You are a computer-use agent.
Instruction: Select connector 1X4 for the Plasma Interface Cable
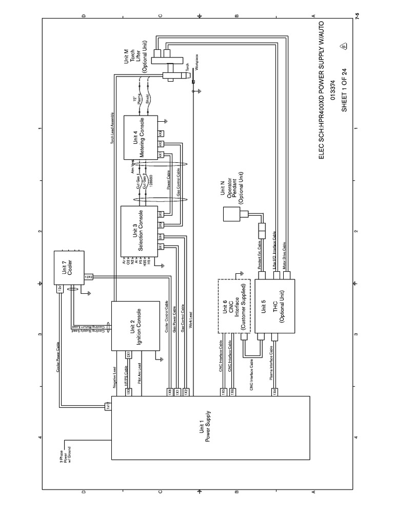(x=275, y=391)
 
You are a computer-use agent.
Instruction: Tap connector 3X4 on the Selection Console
(x=161, y=236)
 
